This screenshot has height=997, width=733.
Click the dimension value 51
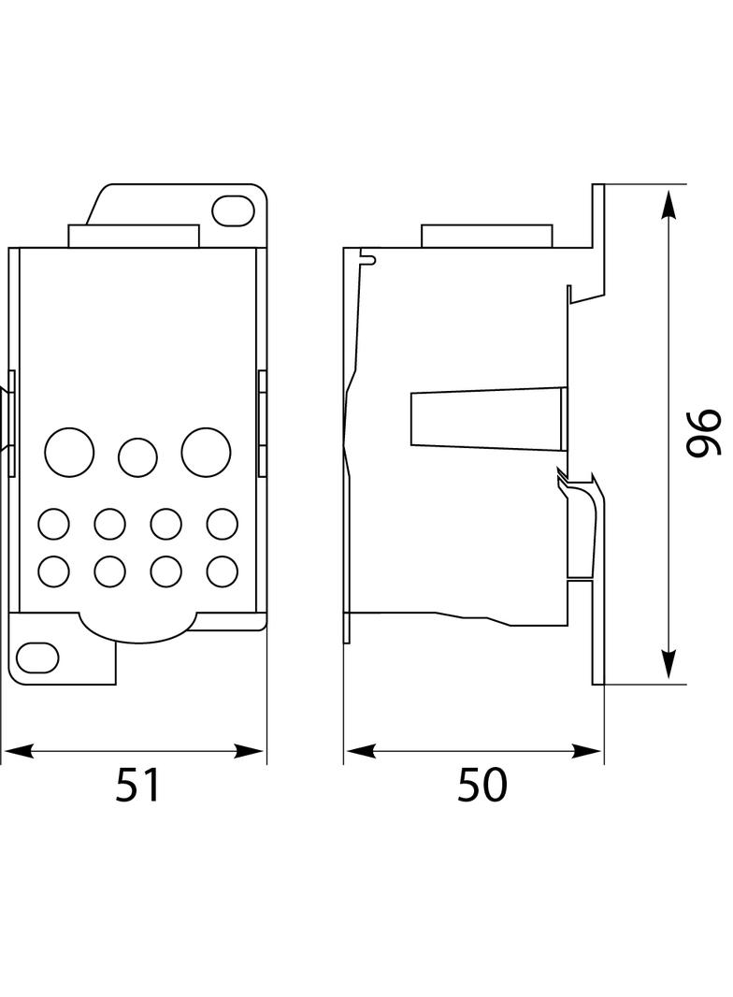138,785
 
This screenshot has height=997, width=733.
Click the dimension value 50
481,785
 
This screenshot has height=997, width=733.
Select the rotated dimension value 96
702,433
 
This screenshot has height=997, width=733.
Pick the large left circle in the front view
69,453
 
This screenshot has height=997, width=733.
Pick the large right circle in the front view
206,453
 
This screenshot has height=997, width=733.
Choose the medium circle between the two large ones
137,457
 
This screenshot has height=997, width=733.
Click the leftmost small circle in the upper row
53,524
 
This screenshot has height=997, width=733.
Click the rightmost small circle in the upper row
222,524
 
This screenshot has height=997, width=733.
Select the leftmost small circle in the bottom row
53,571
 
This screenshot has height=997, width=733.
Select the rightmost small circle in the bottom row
222,571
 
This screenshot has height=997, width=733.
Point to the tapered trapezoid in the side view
486,417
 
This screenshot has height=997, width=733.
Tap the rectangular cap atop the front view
133,236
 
